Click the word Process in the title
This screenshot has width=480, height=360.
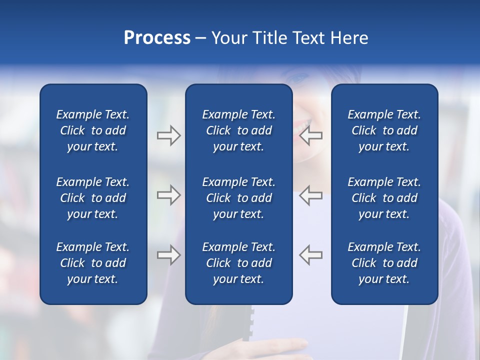[157, 38]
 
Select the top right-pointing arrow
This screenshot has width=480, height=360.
[168, 135]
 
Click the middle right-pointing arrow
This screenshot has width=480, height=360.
[168, 195]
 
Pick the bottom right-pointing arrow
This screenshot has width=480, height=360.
[168, 255]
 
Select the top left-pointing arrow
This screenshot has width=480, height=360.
[310, 135]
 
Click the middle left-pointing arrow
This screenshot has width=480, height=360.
[310, 195]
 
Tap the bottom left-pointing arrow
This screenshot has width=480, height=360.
[310, 255]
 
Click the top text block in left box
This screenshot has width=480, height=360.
[93, 130]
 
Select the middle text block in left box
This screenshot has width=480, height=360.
[93, 198]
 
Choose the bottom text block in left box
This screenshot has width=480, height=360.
[93, 263]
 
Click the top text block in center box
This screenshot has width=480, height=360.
[238, 130]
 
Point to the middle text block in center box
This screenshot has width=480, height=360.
[238, 198]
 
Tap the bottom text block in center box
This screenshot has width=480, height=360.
[238, 263]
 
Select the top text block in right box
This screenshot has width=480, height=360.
[384, 130]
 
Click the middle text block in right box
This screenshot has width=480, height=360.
[384, 198]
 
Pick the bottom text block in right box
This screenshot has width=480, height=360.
[384, 263]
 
